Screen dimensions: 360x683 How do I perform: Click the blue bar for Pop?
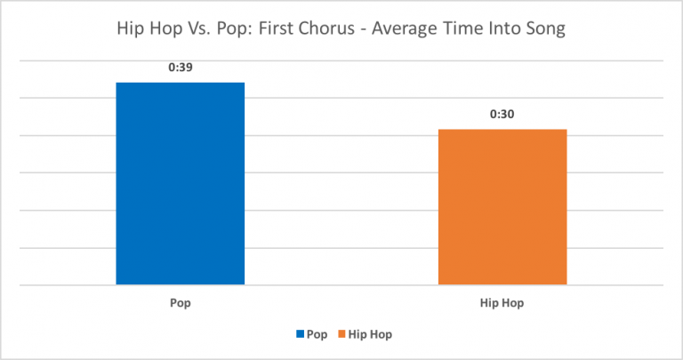click(x=181, y=183)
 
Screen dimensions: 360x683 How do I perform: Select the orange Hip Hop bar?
click(x=502, y=207)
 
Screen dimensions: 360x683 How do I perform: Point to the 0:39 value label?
click(x=181, y=68)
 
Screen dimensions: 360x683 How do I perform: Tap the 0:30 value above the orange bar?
click(x=502, y=114)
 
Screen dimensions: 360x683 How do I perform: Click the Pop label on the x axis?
click(x=181, y=302)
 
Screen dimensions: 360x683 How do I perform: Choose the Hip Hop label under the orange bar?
click(x=502, y=302)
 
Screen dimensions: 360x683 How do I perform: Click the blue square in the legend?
click(x=301, y=335)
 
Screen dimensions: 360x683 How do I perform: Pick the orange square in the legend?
click(x=341, y=335)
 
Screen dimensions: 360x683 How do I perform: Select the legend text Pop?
click(x=317, y=335)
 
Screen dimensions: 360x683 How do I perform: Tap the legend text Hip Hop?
click(x=370, y=335)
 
